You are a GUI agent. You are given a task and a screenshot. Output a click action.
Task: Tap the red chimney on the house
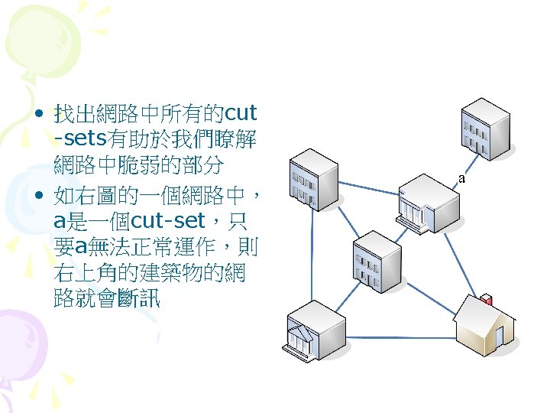(486, 299)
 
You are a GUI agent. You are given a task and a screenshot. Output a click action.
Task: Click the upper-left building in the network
(312, 180)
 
